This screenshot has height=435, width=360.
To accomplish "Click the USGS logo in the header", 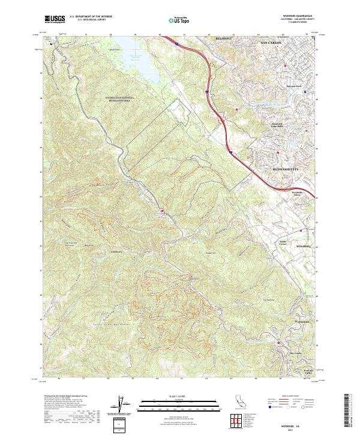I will (55, 20).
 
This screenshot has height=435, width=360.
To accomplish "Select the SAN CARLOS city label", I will (272, 44).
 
